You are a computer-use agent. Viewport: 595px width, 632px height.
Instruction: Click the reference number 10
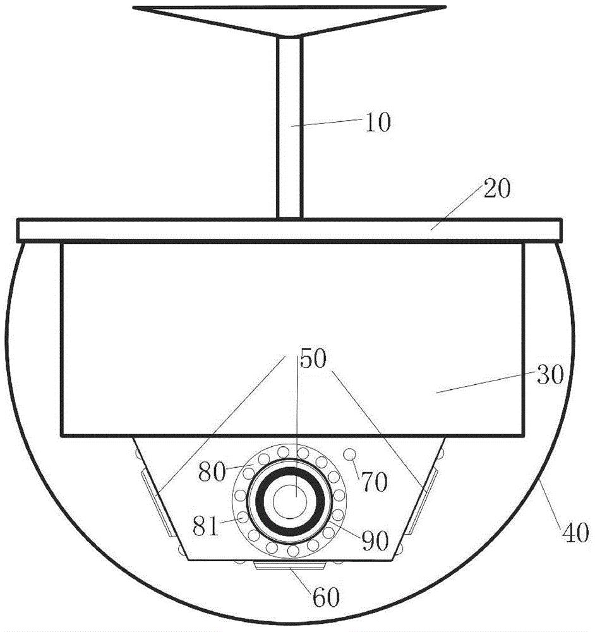[x=378, y=122]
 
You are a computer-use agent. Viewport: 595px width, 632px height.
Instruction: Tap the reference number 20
[x=497, y=188]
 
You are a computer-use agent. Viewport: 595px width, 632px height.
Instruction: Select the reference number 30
[x=550, y=375]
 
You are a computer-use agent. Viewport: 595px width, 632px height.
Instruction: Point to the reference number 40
[x=575, y=532]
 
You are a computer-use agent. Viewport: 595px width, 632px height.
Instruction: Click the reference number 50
[x=313, y=358]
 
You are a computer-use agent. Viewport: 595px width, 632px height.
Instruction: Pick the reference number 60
[x=326, y=597]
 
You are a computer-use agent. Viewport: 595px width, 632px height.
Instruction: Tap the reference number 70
[x=374, y=482]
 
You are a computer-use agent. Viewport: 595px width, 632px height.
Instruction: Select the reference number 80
[x=212, y=472]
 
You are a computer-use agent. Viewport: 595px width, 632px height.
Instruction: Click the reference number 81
[x=206, y=526]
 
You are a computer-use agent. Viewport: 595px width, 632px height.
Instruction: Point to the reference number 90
[x=375, y=540]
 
